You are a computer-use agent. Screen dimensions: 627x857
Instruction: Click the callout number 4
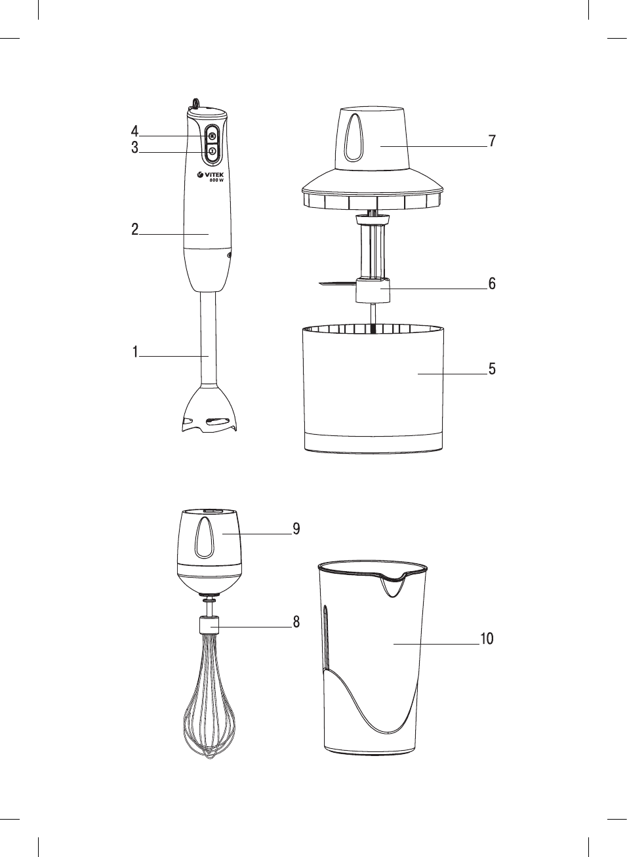point(134,131)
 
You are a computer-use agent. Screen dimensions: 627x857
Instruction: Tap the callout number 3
point(134,148)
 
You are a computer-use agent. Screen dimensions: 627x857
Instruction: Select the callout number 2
point(134,229)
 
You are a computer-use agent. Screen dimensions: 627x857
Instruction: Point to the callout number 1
point(135,351)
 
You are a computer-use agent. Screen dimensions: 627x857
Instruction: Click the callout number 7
point(492,141)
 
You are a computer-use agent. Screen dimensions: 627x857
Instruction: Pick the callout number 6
point(492,283)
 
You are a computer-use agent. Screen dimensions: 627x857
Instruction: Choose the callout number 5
point(492,369)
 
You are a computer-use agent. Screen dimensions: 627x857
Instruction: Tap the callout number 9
point(296,528)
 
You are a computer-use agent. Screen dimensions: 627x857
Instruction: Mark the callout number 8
point(296,622)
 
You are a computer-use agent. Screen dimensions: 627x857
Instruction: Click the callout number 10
point(487,639)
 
